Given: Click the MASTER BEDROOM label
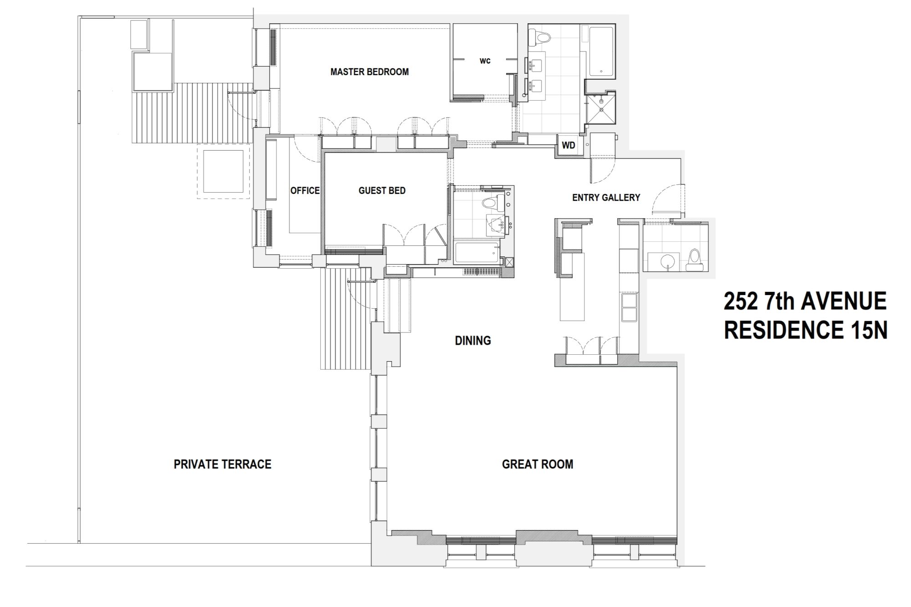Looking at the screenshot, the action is (x=369, y=71).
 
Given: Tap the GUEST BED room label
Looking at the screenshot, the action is (x=382, y=190).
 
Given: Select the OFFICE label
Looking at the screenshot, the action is (x=305, y=190).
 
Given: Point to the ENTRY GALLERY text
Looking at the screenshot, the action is (x=606, y=197).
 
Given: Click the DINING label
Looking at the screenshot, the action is (x=473, y=340).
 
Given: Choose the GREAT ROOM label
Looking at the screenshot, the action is (x=537, y=464).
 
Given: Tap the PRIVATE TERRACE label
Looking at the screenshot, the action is (x=222, y=464).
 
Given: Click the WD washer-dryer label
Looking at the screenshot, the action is (x=568, y=145).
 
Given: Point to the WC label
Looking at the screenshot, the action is (x=485, y=61).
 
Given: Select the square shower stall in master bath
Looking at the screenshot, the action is (x=601, y=110).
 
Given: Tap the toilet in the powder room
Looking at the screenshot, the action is (x=694, y=257).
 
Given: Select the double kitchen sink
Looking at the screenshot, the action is (x=629, y=308).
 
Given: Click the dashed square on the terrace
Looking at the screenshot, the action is (x=223, y=171).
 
